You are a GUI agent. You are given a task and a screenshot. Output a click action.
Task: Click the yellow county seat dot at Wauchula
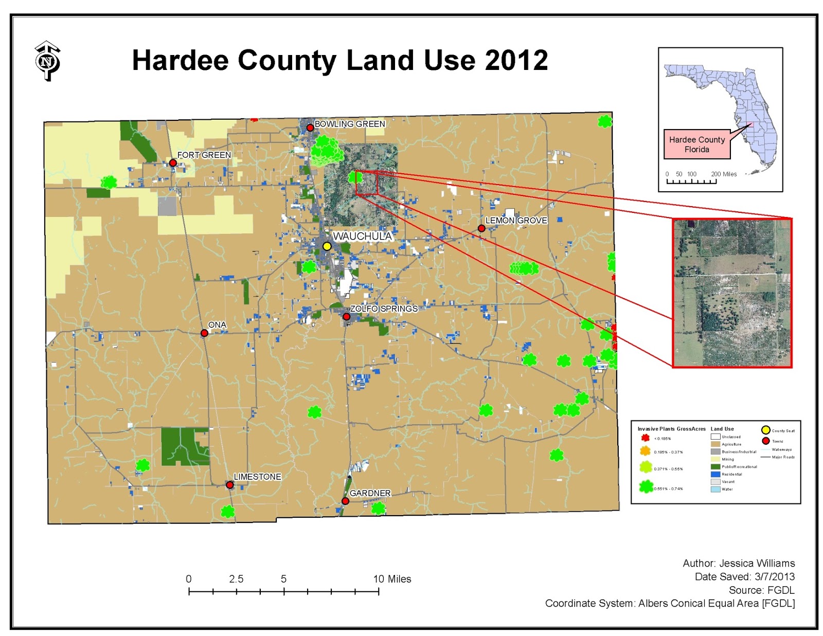pos(327,246)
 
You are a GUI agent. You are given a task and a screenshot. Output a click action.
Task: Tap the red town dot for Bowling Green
pos(310,128)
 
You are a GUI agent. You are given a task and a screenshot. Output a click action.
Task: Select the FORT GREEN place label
pos(204,155)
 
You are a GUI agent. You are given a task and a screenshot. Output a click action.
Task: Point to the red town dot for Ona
pos(204,333)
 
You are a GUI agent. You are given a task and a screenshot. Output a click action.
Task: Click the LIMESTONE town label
pos(257,477)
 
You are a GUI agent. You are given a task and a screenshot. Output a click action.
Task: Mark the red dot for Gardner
pos(346,501)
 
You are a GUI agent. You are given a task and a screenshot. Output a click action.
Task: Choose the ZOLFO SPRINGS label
pos(384,308)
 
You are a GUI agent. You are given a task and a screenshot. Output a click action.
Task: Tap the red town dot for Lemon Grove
pos(481,228)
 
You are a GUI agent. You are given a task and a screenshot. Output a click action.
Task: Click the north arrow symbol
pos(48,61)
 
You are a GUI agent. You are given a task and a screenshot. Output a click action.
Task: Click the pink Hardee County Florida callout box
pos(697,144)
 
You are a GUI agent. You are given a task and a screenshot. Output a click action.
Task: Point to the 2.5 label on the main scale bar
pos(236,579)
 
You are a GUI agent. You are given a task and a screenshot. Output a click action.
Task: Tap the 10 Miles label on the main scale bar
pos(392,579)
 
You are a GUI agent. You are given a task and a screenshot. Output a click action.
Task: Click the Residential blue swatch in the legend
pos(715,474)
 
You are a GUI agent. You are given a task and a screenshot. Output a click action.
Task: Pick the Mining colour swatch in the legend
pos(715,459)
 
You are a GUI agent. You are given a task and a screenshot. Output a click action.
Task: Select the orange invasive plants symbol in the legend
pos(645,451)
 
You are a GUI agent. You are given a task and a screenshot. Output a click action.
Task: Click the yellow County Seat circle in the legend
pos(765,430)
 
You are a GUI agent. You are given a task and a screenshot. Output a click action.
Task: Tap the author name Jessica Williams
pos(757,563)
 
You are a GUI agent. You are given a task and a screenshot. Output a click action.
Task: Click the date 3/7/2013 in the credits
pos(774,576)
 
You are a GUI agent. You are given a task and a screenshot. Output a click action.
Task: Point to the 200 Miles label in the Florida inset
pos(724,174)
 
